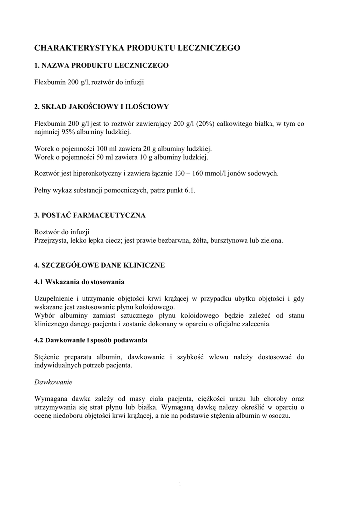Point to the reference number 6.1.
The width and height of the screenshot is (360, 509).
189,190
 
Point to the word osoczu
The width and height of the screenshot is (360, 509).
278,415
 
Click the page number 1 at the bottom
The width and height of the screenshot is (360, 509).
180,484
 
